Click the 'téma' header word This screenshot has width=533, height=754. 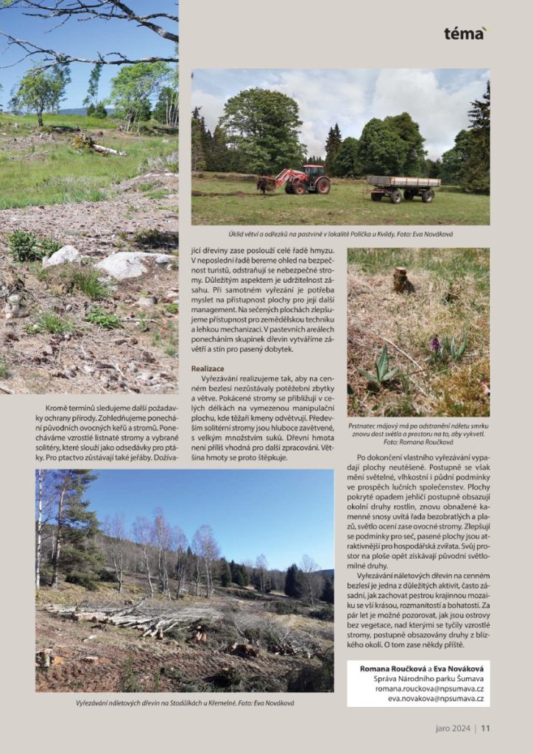click(x=465, y=33)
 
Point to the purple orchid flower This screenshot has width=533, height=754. click(x=435, y=344)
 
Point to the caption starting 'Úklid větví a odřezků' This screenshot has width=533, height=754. click(x=340, y=234)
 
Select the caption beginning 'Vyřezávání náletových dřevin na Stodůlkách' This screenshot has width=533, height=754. click(x=184, y=703)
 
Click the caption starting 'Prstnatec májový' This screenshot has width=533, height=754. click(x=418, y=434)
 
